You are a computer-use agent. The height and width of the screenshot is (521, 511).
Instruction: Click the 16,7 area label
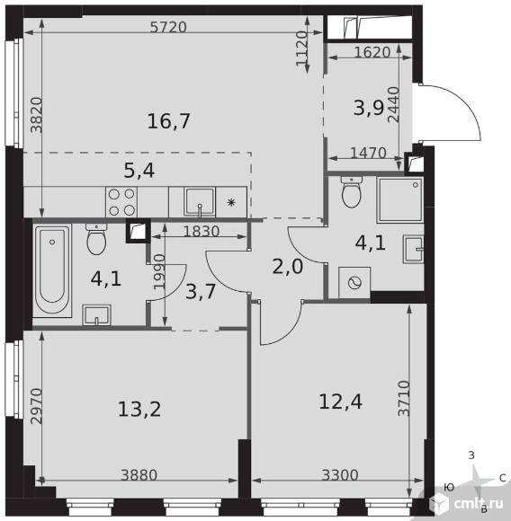click(x=168, y=121)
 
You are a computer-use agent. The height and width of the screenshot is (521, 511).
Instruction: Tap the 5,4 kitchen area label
click(x=139, y=171)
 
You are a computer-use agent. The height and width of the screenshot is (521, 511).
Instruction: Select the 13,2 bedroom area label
click(x=139, y=409)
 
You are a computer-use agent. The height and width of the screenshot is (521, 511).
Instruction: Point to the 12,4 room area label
click(x=340, y=402)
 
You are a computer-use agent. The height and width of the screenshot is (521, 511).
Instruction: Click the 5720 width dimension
click(x=168, y=27)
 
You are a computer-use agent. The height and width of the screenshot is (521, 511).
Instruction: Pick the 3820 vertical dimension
click(x=37, y=115)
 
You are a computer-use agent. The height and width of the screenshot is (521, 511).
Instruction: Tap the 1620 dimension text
click(x=372, y=52)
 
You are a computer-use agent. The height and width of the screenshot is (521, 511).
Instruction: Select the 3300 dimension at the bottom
click(x=340, y=475)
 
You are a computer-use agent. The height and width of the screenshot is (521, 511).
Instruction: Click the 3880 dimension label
click(x=139, y=475)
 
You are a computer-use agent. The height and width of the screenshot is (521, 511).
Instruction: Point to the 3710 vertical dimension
click(x=404, y=399)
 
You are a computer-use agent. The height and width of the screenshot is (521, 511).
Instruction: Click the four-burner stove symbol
click(x=121, y=202)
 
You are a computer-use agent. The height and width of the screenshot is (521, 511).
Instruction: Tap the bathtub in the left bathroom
click(x=52, y=270)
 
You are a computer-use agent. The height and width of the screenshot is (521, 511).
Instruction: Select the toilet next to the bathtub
click(x=96, y=239)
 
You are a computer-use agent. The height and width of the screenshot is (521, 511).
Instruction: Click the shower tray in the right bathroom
click(x=400, y=200)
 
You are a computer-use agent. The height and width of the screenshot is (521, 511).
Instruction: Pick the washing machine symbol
click(x=354, y=283)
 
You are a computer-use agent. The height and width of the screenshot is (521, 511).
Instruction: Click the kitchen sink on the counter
click(x=200, y=203)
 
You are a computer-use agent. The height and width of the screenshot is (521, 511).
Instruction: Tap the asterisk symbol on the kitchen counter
click(x=231, y=202)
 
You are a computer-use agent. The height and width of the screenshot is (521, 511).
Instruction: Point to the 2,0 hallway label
click(x=288, y=267)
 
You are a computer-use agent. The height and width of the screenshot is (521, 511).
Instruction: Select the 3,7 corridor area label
click(x=201, y=292)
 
